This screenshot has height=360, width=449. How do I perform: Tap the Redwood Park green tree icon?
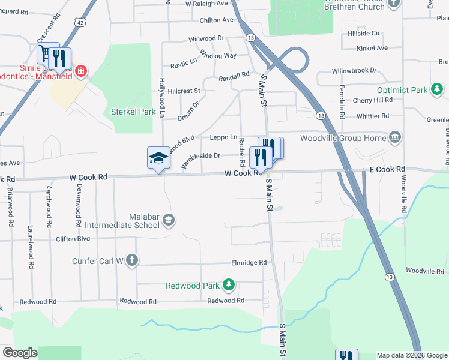[x=228, y=284]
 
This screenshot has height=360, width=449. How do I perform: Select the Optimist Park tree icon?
[x=438, y=90]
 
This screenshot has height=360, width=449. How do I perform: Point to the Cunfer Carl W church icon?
[x=132, y=260]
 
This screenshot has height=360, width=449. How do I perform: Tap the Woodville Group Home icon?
[x=395, y=138]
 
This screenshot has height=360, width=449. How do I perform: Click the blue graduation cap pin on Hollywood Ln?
[x=158, y=158]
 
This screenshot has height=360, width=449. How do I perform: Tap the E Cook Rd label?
[x=387, y=170]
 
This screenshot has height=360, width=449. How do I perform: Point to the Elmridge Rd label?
[x=249, y=263]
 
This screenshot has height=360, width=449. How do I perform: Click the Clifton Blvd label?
[x=73, y=239]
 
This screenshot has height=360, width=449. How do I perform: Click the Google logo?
[x=20, y=353]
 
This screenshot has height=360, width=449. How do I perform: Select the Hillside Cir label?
[x=364, y=34]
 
